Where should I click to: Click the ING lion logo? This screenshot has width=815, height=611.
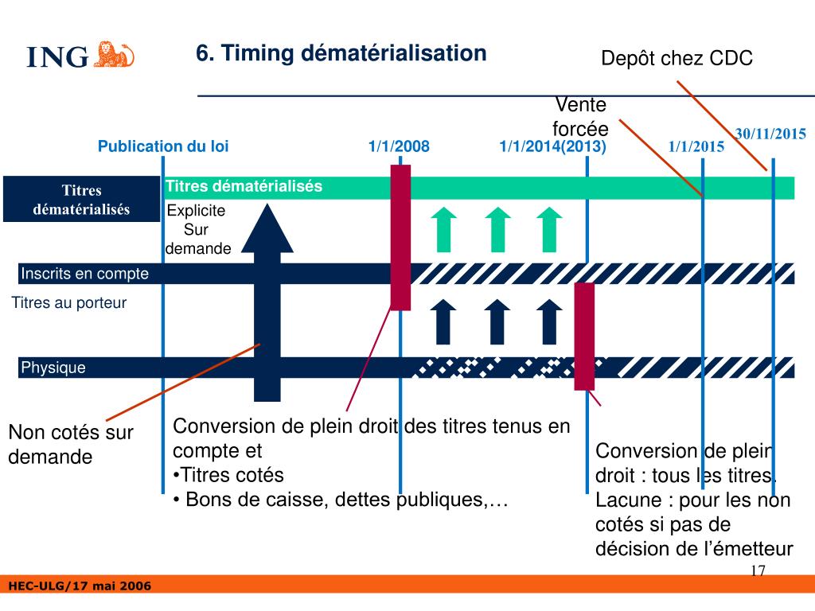pos(115,54)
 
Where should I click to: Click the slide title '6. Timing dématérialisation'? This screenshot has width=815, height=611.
pos(341,53)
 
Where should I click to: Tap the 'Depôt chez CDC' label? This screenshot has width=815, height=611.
pos(677,59)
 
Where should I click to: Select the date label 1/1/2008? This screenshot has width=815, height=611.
pos(399,146)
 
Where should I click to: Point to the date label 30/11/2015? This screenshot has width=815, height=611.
pos(770,134)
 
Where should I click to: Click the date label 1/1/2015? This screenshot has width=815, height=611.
pos(696,146)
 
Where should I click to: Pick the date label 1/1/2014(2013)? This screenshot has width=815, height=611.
pos(552,146)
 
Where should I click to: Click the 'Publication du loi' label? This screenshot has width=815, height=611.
pos(163,146)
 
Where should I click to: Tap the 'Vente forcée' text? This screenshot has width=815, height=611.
pos(580,117)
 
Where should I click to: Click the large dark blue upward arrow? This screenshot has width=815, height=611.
pos(271,302)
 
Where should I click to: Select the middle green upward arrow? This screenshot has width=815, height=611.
pos(497,228)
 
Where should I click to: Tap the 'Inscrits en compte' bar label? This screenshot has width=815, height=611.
pos(84,274)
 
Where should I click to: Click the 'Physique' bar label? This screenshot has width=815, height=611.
pos(53,368)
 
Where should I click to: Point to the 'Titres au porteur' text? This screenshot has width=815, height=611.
pos(69,303)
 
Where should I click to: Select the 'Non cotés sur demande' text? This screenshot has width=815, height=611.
pos(71,445)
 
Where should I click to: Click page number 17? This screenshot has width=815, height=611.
pos(758,570)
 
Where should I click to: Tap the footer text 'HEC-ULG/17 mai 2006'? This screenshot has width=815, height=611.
pos(79,586)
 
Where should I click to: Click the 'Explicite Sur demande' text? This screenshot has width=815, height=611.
pos(197,230)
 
